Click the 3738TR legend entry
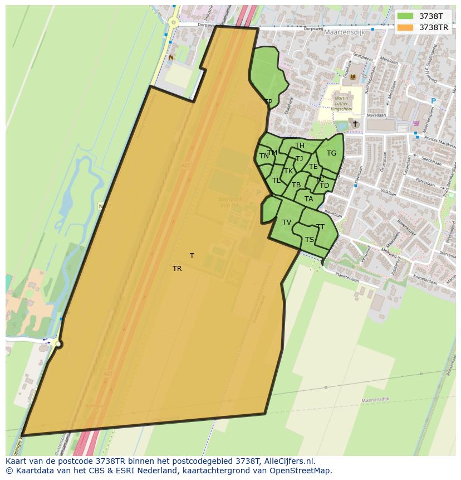pyautogui.click(x=434, y=27)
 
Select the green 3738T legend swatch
pyautogui.click(x=405, y=16)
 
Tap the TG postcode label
pyautogui.click(x=331, y=153)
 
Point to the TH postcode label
pyautogui.click(x=300, y=146)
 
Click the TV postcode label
pyautogui.click(x=287, y=222)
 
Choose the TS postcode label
pyautogui.click(x=310, y=240)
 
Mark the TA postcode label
pyautogui.click(x=308, y=199)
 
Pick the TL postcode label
pyautogui.click(x=276, y=181)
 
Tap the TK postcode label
pyautogui.click(x=288, y=171)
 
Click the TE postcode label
pyautogui.click(x=313, y=167)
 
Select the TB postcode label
pyautogui.click(x=296, y=185)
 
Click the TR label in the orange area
pyautogui.click(x=177, y=269)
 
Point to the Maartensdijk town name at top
pyautogui.click(x=344, y=32)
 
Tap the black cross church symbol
pyautogui.click(x=355, y=123)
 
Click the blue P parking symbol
pyautogui.click(x=433, y=101)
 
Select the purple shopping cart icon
pyautogui.click(x=416, y=123)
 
